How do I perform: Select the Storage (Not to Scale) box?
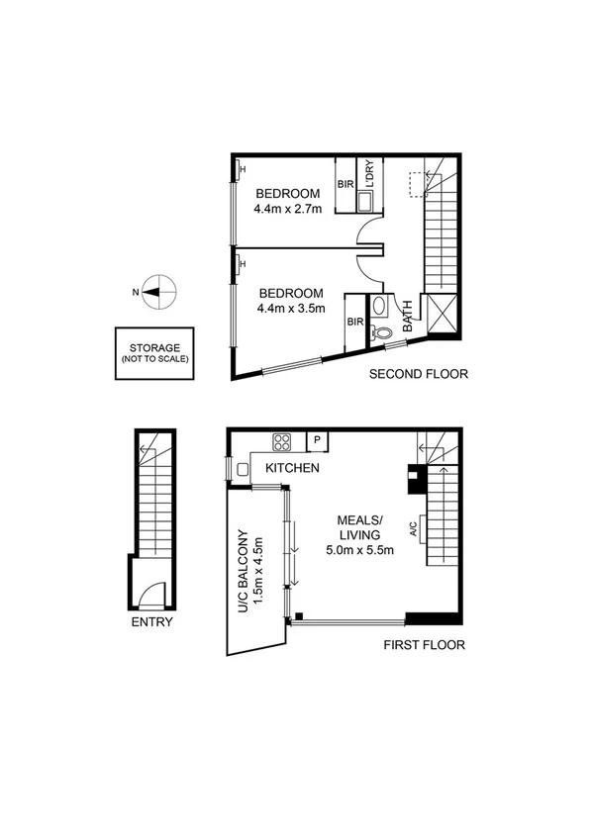pyautogui.click(x=153, y=353)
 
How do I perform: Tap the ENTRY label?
pyautogui.click(x=151, y=622)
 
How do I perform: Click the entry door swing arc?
pyautogui.click(x=149, y=593)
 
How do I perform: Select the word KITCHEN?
pyautogui.click(x=291, y=468)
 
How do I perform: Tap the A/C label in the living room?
pyautogui.click(x=414, y=530)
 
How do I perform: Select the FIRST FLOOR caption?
pyautogui.click(x=424, y=645)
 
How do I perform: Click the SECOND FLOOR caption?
pyautogui.click(x=418, y=374)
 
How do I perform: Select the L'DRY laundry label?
pyautogui.click(x=368, y=175)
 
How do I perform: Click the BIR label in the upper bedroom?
pyautogui.click(x=346, y=185)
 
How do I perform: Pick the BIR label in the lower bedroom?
pyautogui.click(x=354, y=322)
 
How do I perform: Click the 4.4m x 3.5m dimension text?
pyautogui.click(x=291, y=309)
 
